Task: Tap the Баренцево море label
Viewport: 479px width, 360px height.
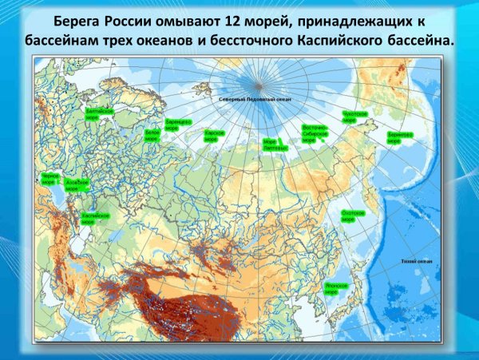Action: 177,125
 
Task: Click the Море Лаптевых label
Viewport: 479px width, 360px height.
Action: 275,144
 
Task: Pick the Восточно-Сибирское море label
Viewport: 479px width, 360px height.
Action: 315,132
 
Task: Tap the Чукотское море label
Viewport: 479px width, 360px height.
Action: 354,118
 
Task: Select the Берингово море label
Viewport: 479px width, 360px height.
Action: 399,137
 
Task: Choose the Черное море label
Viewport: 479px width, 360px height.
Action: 49,179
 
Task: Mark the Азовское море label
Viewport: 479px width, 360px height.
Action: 76,185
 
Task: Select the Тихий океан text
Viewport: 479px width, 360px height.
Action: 416,260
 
